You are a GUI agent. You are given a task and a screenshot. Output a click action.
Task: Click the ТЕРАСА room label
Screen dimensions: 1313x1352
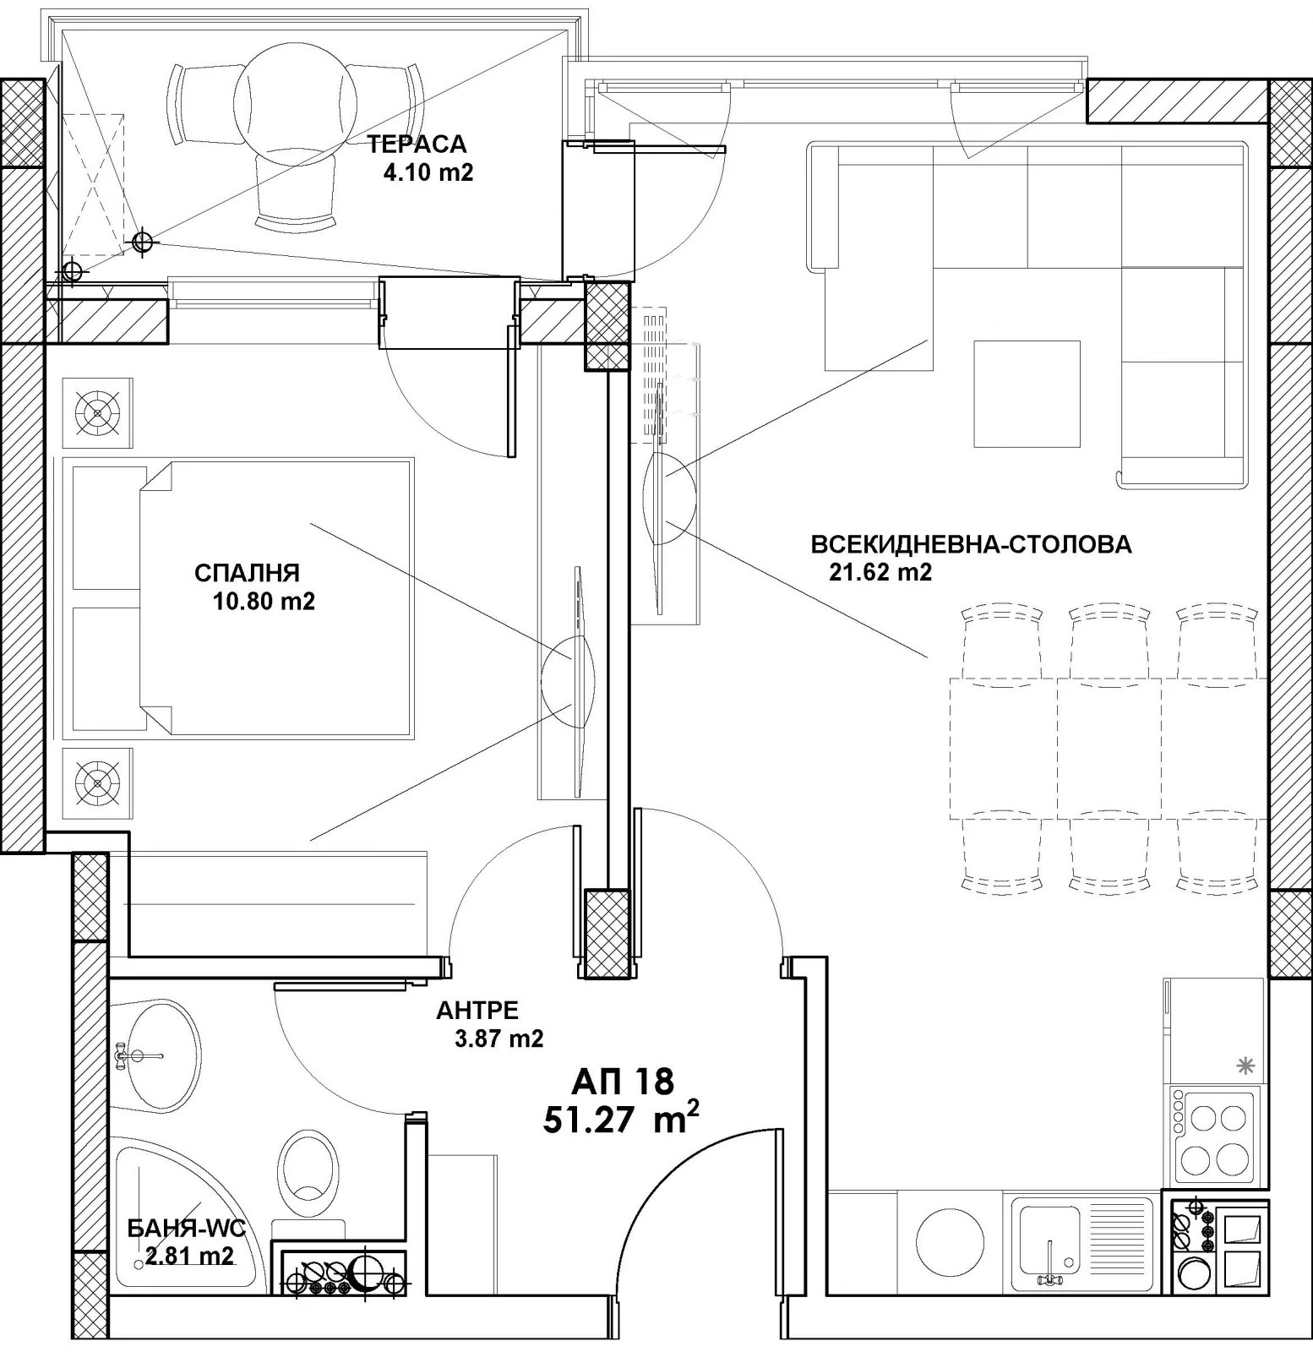[417, 144]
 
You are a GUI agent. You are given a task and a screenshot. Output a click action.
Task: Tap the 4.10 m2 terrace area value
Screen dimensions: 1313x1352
[428, 173]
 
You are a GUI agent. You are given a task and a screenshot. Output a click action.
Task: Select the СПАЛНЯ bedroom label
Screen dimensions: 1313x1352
[247, 573]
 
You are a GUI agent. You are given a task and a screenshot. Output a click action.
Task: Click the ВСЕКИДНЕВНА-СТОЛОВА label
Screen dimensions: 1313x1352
[971, 544]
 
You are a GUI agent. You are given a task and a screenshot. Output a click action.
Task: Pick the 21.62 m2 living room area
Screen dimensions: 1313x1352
[880, 573]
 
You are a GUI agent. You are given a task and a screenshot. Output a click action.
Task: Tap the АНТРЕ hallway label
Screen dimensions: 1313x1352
[477, 1010]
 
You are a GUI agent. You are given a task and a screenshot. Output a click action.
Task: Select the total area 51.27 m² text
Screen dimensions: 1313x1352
[621, 1120]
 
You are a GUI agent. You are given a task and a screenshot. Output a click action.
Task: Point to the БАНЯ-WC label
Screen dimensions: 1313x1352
[186, 1228]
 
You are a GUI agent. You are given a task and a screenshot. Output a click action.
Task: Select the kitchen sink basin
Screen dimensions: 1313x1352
[1049, 1240]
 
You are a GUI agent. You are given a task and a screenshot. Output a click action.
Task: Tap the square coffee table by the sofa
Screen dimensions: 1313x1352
[1027, 394]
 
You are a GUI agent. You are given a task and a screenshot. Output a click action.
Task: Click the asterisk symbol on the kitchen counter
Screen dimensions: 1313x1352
[1245, 1066]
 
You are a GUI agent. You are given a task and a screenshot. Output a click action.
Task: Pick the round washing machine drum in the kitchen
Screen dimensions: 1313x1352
[951, 1241]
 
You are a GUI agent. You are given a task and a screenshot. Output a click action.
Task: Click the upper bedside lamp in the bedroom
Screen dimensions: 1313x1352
[98, 413]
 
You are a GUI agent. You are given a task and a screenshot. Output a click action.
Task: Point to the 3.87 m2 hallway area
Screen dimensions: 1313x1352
[499, 1039]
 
